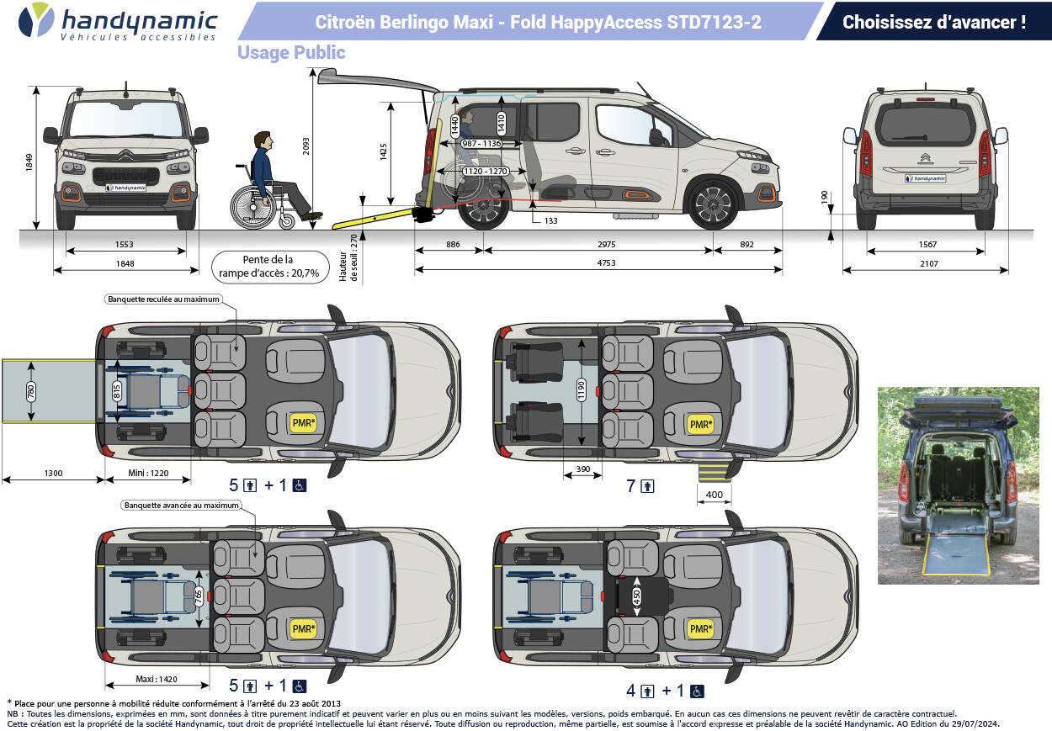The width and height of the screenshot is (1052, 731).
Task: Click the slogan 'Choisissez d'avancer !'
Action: tap(933, 23)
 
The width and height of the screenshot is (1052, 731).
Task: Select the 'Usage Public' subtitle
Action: tap(291, 53)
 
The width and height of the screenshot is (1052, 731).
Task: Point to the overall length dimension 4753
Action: tap(598, 263)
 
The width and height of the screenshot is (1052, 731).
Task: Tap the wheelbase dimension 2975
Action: tap(598, 244)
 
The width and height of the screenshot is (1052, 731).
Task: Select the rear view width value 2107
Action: tap(925, 263)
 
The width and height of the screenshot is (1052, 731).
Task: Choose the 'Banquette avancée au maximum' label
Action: tap(181, 506)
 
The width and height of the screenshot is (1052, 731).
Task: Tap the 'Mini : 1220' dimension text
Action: tap(148, 474)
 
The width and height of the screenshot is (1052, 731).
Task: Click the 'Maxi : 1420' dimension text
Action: tap(157, 679)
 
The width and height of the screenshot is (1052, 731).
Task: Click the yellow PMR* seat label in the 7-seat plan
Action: tap(699, 424)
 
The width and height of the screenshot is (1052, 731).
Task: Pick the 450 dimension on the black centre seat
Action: tap(637, 596)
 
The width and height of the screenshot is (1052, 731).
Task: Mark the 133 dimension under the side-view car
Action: tap(550, 220)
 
